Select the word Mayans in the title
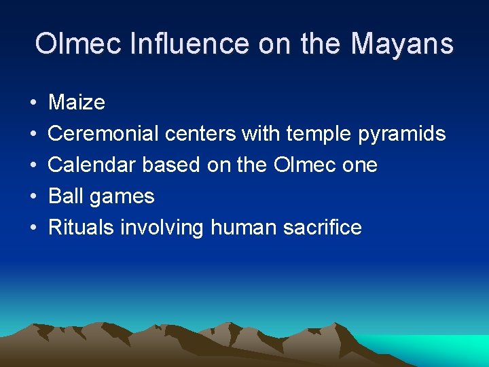[401, 44]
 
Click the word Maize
[77, 103]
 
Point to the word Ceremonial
[104, 134]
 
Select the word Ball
[65, 196]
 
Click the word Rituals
[81, 227]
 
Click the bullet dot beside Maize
[33, 103]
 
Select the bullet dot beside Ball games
[33, 197]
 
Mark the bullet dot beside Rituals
[33, 228]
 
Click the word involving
[162, 228]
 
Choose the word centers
[201, 134]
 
